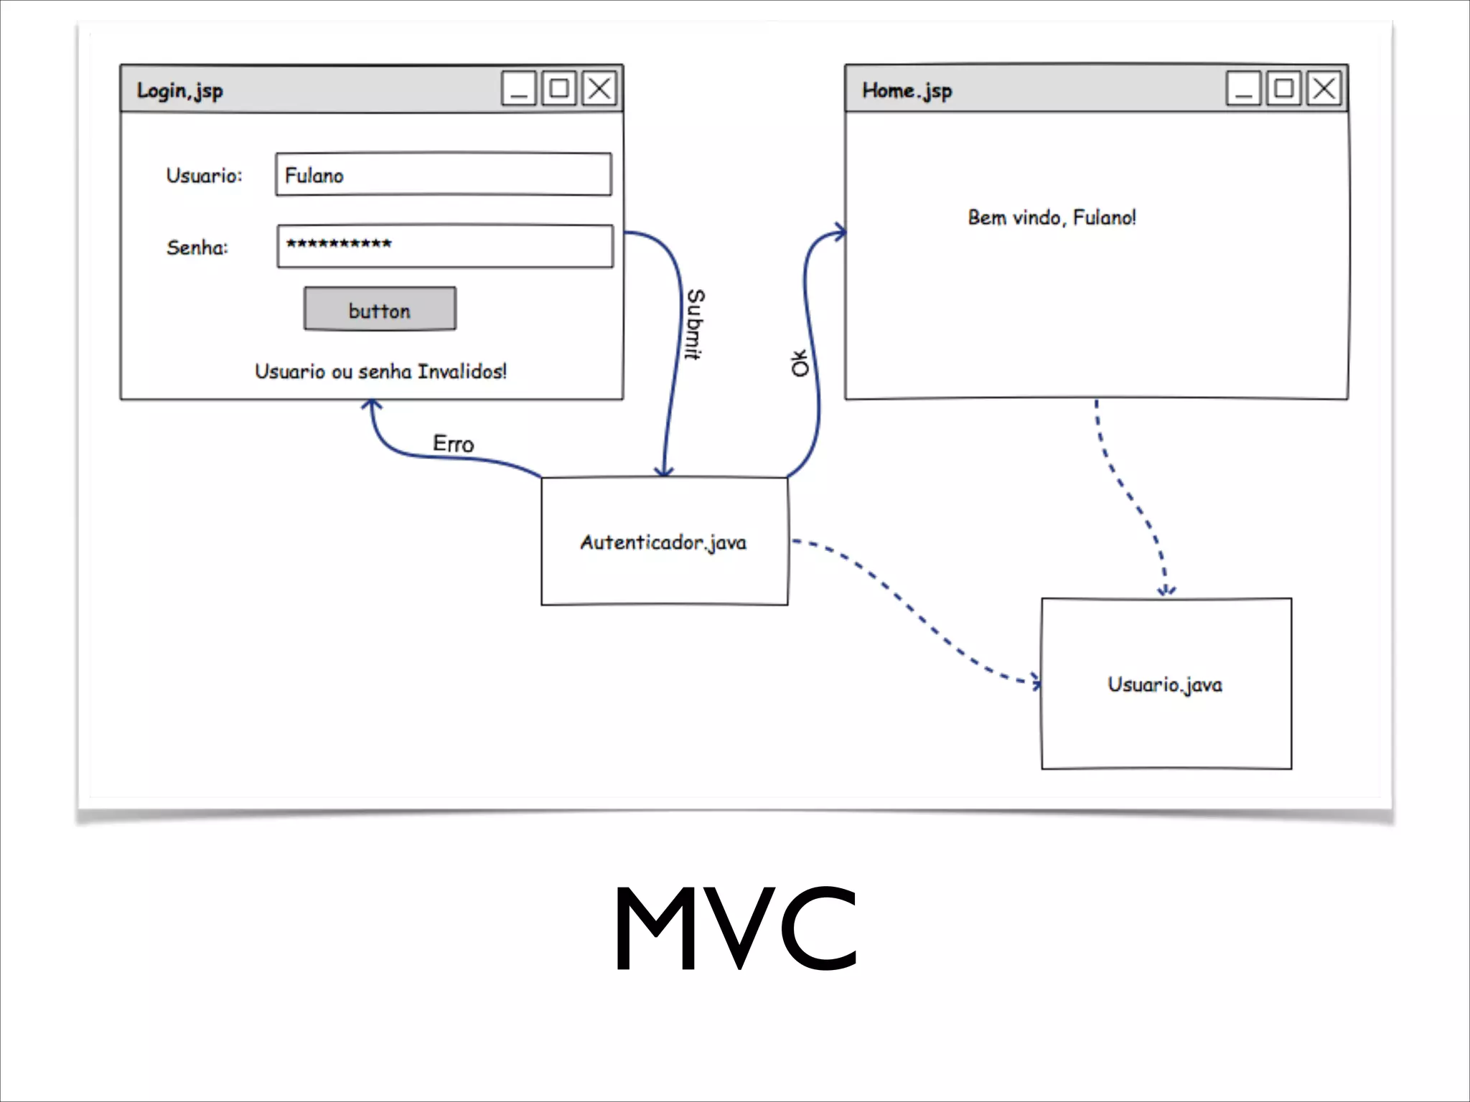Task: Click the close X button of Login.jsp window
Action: [599, 89]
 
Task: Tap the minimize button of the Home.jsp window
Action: [1243, 89]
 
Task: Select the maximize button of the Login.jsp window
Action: [559, 89]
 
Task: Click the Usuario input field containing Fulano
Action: [443, 174]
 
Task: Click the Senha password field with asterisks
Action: [445, 246]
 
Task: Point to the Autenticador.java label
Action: [663, 542]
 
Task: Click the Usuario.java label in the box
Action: [1164, 684]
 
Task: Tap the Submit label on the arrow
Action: [695, 324]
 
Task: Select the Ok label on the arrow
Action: [800, 363]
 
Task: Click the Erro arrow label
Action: [453, 444]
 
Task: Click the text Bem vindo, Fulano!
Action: [1052, 217]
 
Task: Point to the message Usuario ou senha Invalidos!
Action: [380, 372]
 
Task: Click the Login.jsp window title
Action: [179, 91]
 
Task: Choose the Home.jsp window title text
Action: [907, 91]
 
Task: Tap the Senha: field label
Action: [197, 248]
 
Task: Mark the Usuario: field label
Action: [204, 176]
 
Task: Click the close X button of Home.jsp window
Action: [1324, 89]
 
